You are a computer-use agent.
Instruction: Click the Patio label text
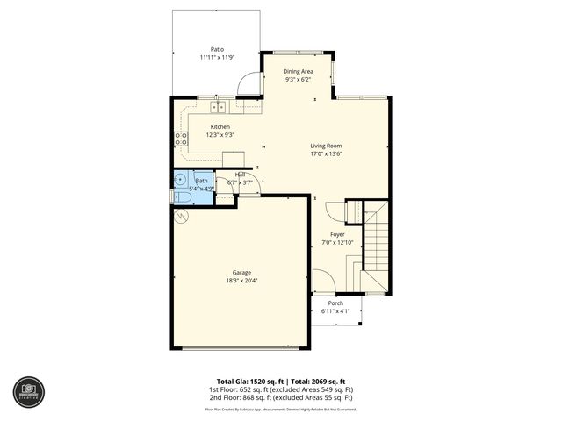coord(216,49)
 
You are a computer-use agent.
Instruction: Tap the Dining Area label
coord(298,71)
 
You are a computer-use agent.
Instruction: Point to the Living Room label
coord(326,146)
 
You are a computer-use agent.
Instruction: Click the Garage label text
coord(241,272)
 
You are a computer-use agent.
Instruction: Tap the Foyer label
coord(337,234)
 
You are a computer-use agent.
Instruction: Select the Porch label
coord(336,303)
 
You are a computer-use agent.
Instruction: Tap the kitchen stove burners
coord(181,136)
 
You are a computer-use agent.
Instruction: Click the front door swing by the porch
coord(321,282)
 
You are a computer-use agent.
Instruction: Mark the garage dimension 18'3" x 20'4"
coord(241,281)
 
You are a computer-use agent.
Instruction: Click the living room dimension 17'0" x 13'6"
coord(326,153)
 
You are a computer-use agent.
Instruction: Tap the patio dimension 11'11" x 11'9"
coord(216,58)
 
